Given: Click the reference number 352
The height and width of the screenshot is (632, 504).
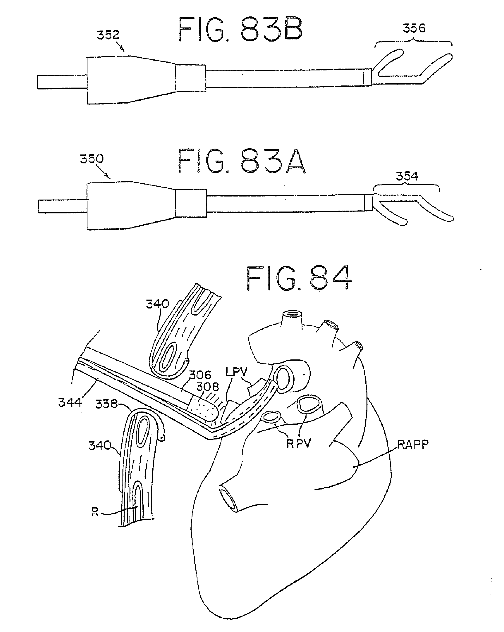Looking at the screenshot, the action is tap(108, 35).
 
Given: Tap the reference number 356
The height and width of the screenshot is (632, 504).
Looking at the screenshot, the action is tap(414, 28).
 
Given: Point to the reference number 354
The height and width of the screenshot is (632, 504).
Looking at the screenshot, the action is tap(407, 176).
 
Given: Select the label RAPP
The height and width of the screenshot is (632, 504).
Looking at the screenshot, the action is tap(413, 444).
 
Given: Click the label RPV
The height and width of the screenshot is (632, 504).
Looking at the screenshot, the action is tap(298, 443).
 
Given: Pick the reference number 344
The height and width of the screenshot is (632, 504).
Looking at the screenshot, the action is tap(70, 402).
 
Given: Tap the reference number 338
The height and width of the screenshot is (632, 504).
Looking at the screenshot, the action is tap(106, 404).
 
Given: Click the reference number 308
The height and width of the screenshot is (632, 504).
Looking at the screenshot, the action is tap(208, 387).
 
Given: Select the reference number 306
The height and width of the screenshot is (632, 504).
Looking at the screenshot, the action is tap(200, 375).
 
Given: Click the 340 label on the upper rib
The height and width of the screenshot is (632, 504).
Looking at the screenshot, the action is tap(158, 304).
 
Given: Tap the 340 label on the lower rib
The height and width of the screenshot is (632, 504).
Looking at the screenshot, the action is tap(100, 446).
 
